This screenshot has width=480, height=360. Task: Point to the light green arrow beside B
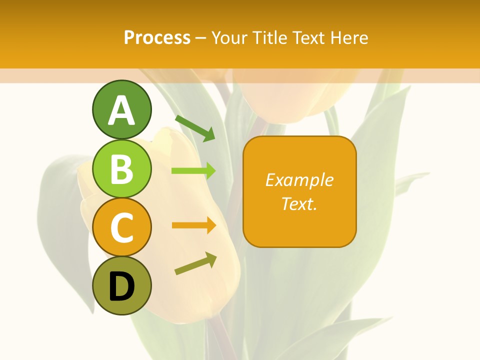coord(193,171)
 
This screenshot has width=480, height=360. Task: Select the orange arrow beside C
coord(194,225)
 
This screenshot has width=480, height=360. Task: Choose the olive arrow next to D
coord(196,263)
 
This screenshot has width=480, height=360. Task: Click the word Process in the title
coord(157,37)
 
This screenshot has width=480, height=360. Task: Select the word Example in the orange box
coord(299,180)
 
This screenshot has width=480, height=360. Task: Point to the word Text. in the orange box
coord(299,203)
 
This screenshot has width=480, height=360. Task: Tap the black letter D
coord(121,287)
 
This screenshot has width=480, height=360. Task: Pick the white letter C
coord(121,228)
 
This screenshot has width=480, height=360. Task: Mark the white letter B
coord(121,169)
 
